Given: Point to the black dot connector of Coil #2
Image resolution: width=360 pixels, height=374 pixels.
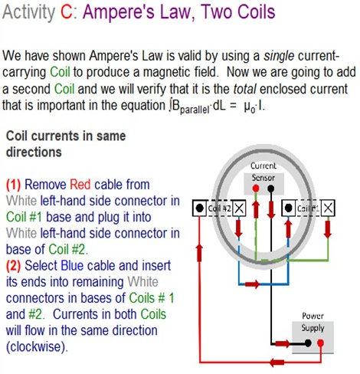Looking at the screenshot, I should (x=198, y=207).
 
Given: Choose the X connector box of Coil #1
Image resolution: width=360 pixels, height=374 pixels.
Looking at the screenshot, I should (x=328, y=207).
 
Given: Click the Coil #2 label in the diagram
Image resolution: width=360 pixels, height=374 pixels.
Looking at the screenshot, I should (x=218, y=207).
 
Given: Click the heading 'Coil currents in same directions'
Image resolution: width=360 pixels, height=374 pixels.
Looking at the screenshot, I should (x=55, y=143).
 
